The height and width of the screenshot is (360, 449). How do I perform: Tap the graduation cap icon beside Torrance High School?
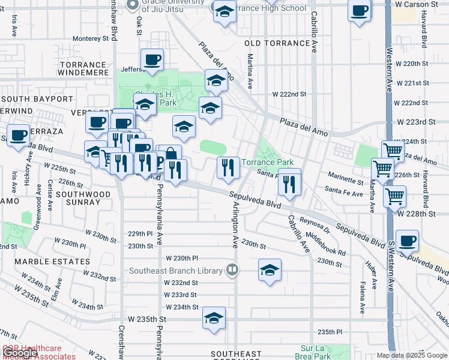[224, 11]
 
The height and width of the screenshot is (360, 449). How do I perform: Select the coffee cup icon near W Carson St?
[360, 11]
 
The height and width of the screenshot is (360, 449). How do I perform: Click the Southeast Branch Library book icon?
[231, 271]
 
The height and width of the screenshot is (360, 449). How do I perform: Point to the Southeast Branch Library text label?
[176, 271]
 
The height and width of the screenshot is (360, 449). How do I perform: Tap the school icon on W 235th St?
[214, 319]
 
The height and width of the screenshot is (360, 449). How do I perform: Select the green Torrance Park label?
[267, 163]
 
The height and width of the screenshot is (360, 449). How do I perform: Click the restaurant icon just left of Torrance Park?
[228, 167]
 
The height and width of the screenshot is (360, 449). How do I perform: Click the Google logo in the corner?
[19, 353]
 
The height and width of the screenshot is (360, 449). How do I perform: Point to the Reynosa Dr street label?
[316, 225]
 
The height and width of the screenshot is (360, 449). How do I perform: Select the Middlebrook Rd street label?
[325, 244]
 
